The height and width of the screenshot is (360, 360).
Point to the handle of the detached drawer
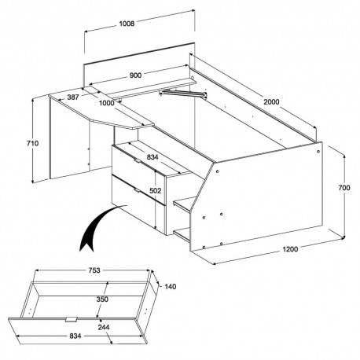(x=72, y=320)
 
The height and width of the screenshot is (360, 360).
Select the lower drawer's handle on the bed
(x=138, y=189)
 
